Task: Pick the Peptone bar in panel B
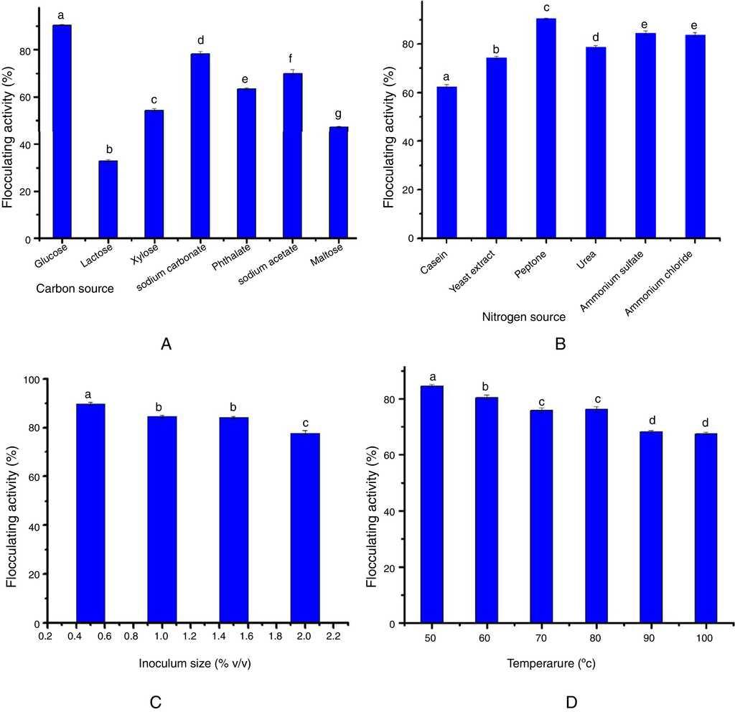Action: [546, 128]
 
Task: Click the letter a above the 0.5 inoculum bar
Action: [88, 394]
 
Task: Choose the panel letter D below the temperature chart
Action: [572, 701]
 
